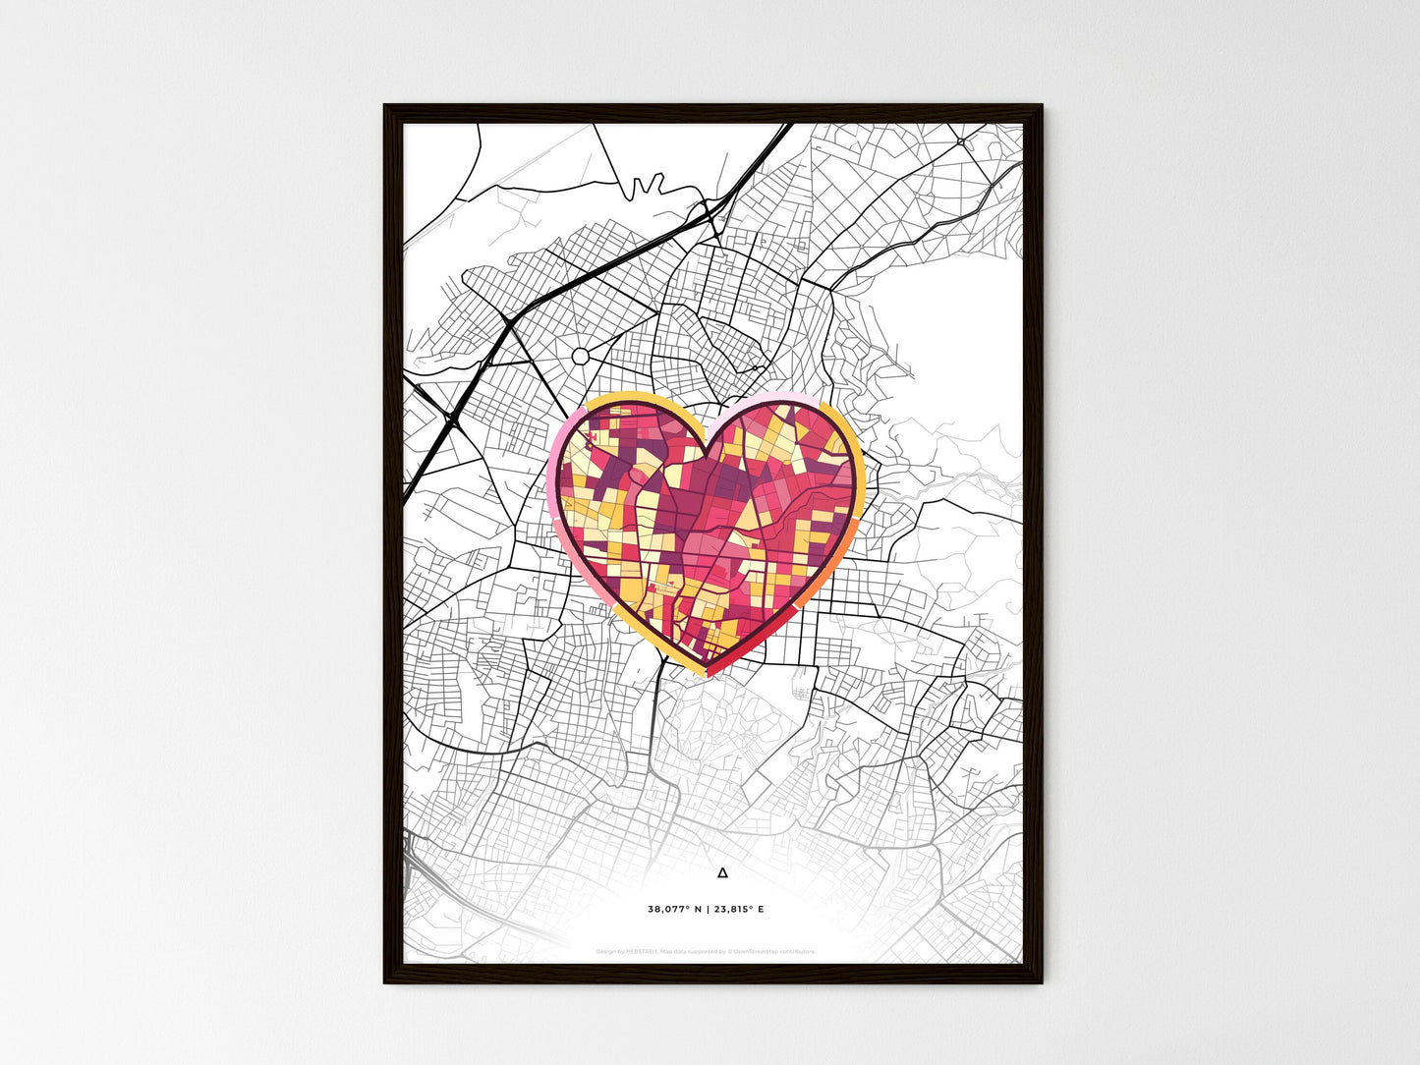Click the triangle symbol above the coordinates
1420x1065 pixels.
coord(722,872)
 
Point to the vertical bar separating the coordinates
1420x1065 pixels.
coord(707,910)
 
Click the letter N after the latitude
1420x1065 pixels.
coord(698,910)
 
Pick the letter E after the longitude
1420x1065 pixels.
coord(761,910)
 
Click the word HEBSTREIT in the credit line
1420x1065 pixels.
coord(642,952)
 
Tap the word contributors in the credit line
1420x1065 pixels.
coord(794,952)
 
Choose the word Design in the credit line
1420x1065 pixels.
coord(606,952)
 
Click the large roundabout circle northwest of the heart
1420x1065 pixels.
coord(580,355)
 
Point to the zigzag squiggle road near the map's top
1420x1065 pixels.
coord(644,186)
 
